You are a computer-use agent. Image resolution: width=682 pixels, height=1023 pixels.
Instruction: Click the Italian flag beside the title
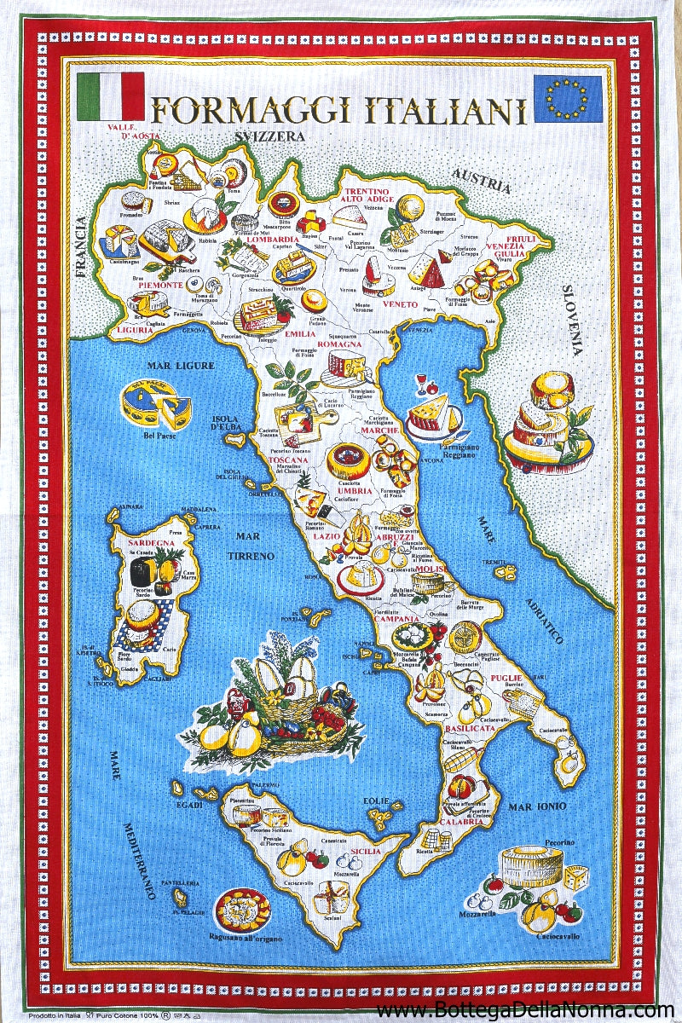(x=111, y=96)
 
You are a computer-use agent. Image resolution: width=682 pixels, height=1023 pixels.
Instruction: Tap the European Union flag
(x=567, y=97)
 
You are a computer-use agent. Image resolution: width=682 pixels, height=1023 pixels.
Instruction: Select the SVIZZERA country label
(x=270, y=136)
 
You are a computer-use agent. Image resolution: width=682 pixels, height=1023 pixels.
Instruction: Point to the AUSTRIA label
(x=481, y=182)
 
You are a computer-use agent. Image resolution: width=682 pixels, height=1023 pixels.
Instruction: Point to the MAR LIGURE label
(x=180, y=366)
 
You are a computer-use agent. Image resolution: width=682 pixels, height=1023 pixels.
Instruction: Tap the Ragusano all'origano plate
(x=242, y=910)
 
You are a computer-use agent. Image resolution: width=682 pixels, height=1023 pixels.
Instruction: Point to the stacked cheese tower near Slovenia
(x=546, y=422)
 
